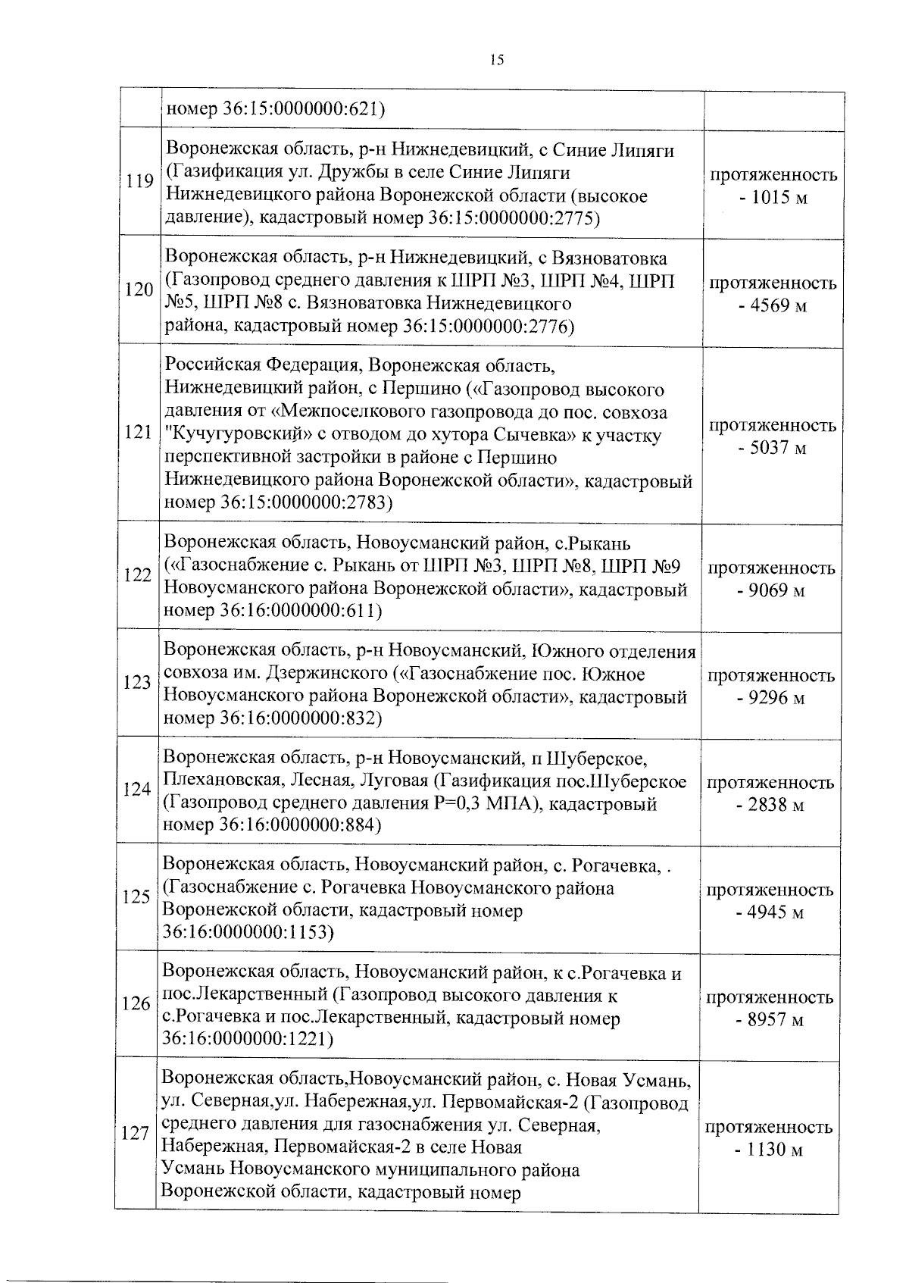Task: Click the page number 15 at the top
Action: pos(497,61)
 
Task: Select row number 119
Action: pos(139,181)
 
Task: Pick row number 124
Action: pos(137,790)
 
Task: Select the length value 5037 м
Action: pos(772,448)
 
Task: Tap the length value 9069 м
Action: pos(772,590)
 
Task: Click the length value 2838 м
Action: pos(770,805)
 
